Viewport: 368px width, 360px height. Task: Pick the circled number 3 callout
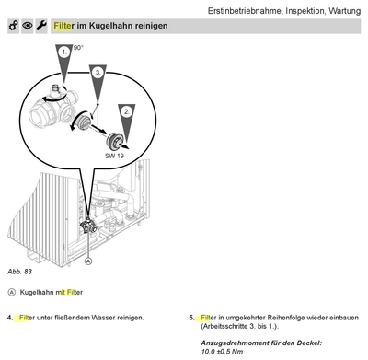(x=98, y=71)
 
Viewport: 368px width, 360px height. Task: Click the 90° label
(x=79, y=47)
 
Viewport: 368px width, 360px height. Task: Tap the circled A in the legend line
(x=11, y=292)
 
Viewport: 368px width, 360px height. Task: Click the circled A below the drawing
(x=88, y=261)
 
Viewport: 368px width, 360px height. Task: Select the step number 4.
(x=10, y=318)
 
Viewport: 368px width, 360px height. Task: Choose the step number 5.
(x=192, y=318)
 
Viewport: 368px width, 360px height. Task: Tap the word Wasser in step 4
(x=98, y=318)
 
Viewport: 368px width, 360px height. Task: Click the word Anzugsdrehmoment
(x=228, y=343)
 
